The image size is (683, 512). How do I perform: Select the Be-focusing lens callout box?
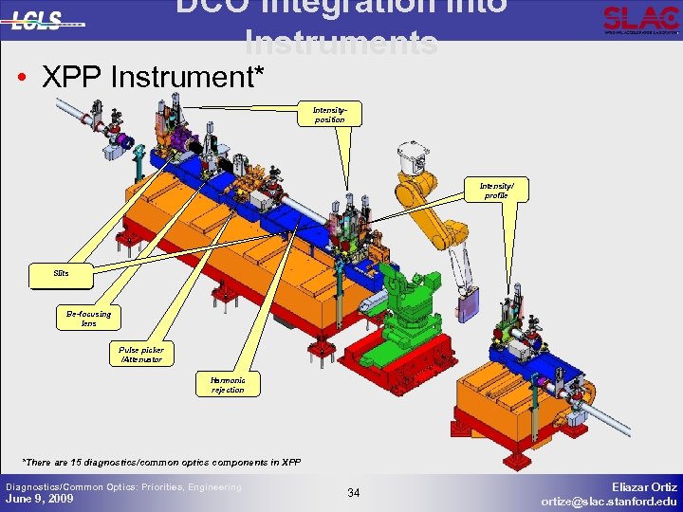click(88, 318)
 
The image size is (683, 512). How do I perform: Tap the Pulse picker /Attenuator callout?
click(141, 354)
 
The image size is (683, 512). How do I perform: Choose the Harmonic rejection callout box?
click(228, 384)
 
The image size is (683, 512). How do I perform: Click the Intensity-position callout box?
click(329, 115)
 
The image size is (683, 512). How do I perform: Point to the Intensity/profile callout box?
click(495, 191)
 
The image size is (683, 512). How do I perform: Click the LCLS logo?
click(43, 20)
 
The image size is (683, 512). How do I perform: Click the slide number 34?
click(354, 492)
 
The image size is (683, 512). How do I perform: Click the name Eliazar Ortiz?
click(644, 485)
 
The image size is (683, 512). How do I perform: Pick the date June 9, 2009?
click(40, 499)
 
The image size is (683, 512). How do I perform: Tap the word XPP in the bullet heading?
click(74, 77)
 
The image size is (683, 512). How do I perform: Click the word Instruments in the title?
click(341, 44)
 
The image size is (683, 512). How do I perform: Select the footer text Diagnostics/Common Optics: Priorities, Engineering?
click(123, 486)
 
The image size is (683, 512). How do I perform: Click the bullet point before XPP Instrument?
click(21, 77)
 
